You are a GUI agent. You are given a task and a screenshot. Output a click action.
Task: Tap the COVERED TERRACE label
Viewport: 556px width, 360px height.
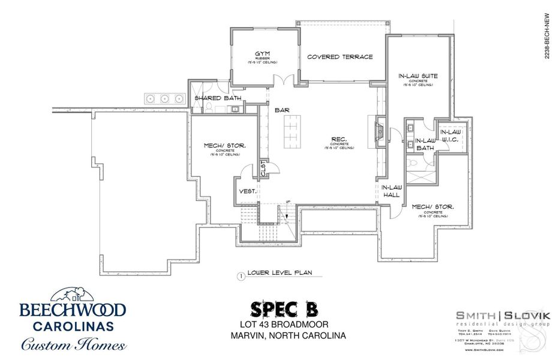point(339,57)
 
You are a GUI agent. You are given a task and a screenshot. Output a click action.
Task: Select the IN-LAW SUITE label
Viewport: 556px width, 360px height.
point(417,76)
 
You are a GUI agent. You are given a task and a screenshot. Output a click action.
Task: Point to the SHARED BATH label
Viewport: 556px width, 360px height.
point(217,98)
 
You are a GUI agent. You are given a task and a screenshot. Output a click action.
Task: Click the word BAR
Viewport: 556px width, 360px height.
point(282,111)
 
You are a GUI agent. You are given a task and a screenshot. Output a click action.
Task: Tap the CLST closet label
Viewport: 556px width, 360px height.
point(263,167)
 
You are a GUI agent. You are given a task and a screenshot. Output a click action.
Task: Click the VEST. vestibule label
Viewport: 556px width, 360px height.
point(248,191)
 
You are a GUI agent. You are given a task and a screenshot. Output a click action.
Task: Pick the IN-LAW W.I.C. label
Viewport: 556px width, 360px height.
point(450,136)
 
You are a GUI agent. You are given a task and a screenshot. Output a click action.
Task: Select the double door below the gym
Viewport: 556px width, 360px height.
point(284,80)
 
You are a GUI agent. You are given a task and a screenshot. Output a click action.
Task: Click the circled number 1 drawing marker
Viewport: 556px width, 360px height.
point(240,277)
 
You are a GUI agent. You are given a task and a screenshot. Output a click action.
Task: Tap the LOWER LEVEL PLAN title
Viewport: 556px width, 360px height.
point(280,272)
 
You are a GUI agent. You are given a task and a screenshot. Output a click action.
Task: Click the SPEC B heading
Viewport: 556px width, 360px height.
point(283,308)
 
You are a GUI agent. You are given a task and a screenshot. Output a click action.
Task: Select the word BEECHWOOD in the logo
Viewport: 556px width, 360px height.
point(72,310)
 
